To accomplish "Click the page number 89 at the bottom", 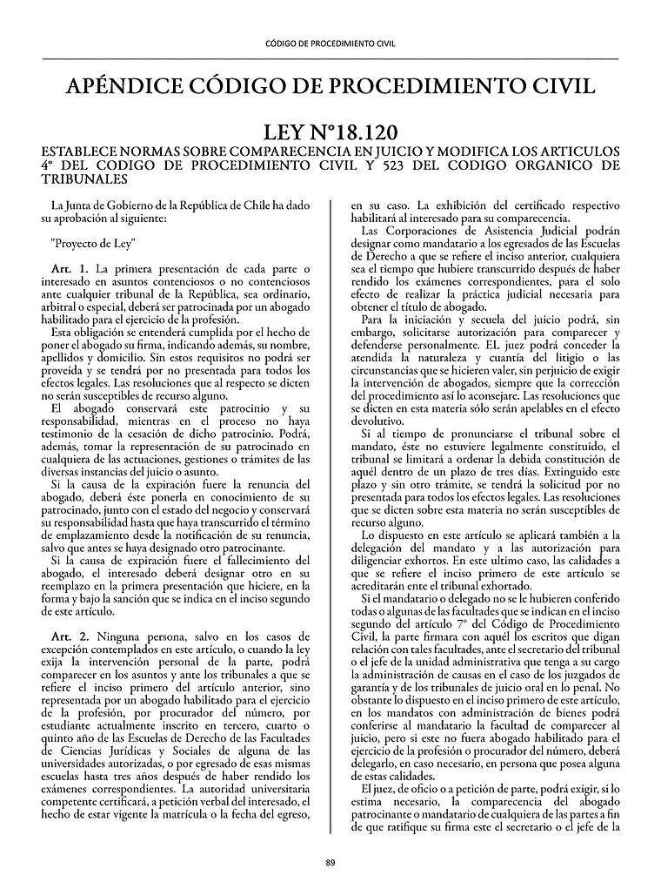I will click(x=330, y=862).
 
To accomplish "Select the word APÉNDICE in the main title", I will click(x=124, y=86).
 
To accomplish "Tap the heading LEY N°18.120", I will click(x=330, y=132).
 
